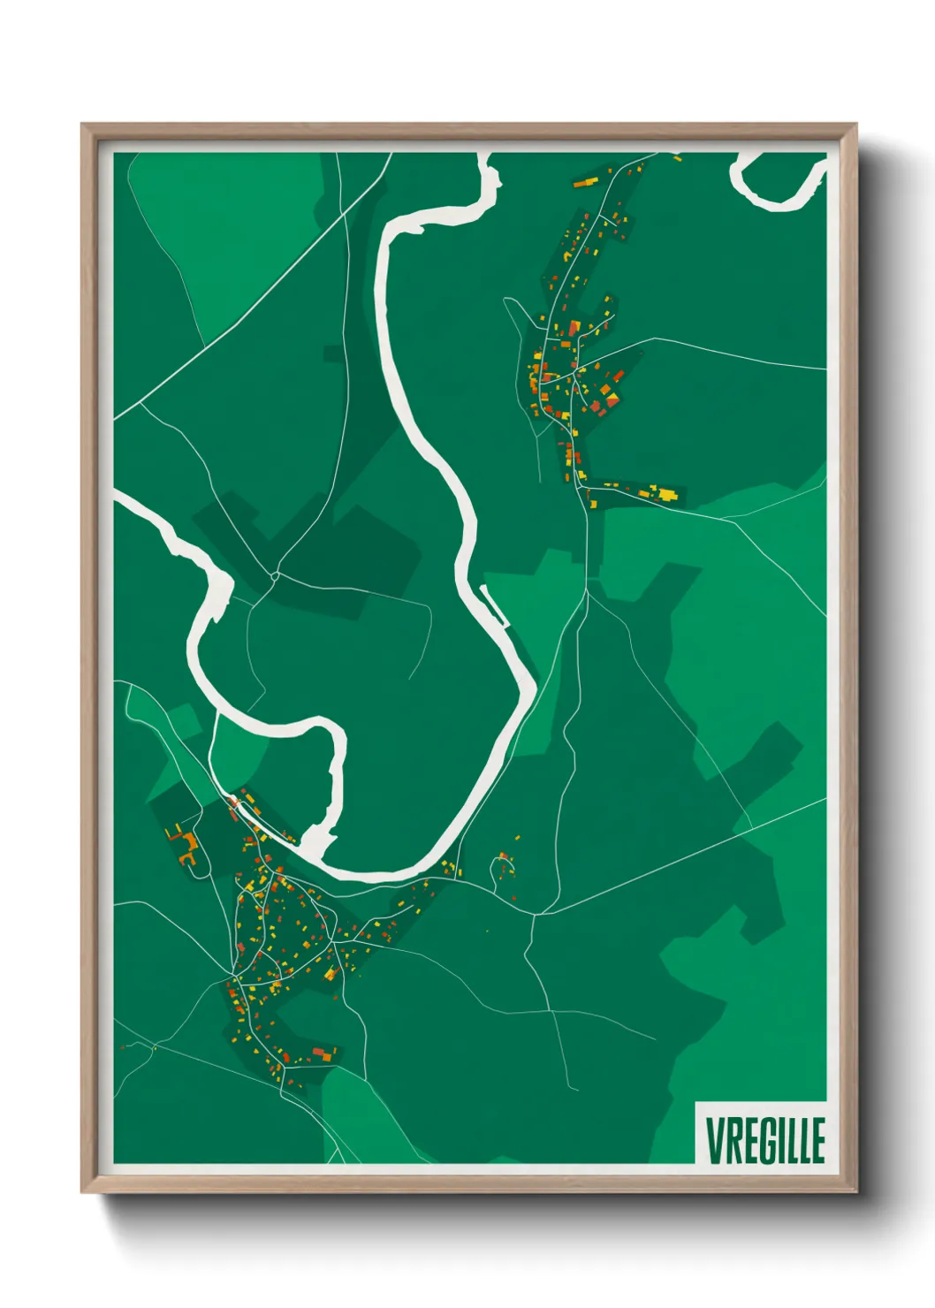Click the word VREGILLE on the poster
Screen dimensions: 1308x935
[x=764, y=1140]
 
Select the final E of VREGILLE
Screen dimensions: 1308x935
[x=817, y=1140]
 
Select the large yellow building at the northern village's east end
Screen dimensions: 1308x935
[x=669, y=493]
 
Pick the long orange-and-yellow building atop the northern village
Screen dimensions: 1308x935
[x=585, y=182]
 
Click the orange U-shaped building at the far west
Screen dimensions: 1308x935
[x=186, y=849]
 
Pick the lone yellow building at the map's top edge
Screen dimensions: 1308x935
[x=678, y=158]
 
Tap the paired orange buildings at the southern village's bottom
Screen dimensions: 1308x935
[x=323, y=1053]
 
